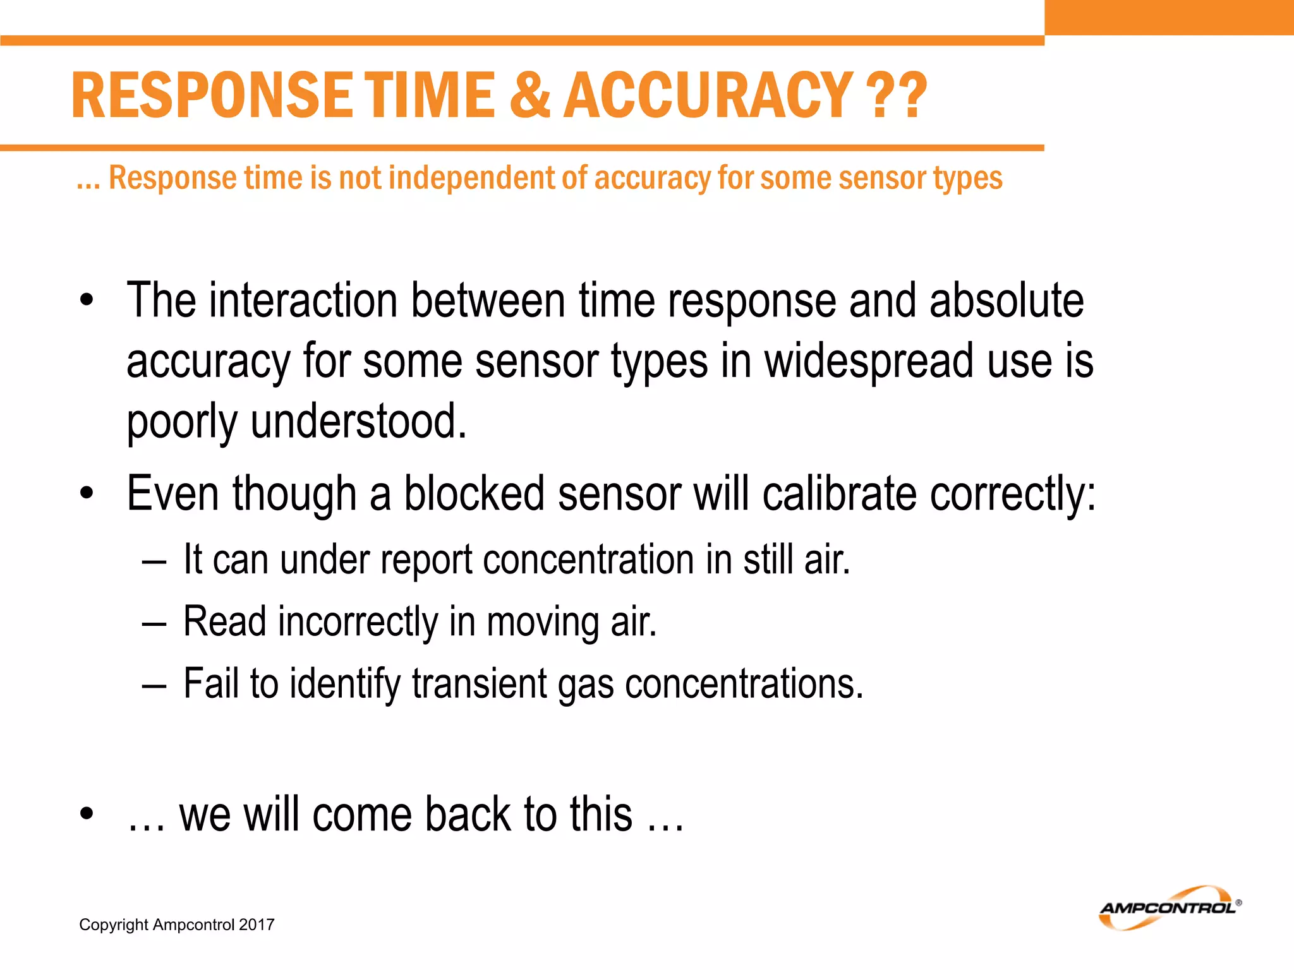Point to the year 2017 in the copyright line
(x=257, y=925)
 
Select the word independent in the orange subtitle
(x=471, y=178)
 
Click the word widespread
(x=869, y=361)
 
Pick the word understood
(x=358, y=421)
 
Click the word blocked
(x=474, y=493)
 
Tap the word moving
(x=542, y=621)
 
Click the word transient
(x=480, y=683)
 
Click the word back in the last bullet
(x=468, y=814)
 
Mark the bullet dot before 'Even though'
(x=87, y=493)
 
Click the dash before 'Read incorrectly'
(x=154, y=623)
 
